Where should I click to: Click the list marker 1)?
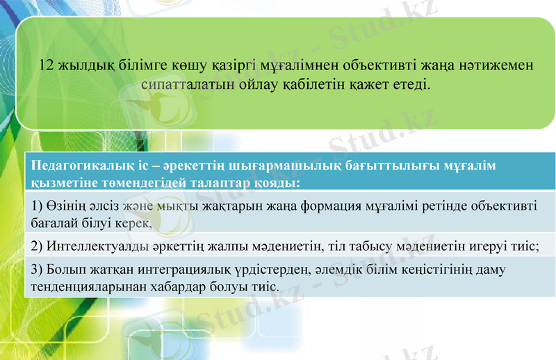[38, 206]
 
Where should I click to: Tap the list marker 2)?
[38, 246]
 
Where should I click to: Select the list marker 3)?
[38, 269]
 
